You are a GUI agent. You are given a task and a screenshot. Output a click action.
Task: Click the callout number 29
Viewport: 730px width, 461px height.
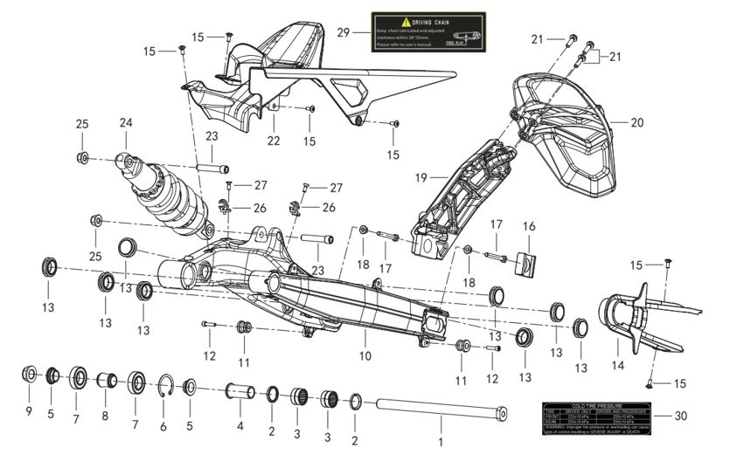point(344,31)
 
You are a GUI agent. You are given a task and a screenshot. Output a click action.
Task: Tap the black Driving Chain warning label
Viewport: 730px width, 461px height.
point(428,31)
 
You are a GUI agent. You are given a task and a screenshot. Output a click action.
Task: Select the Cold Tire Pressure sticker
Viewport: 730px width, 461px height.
point(597,417)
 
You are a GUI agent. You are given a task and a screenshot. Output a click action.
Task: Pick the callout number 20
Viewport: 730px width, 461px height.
point(636,123)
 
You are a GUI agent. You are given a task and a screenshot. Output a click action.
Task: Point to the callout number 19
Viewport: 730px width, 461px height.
point(421,177)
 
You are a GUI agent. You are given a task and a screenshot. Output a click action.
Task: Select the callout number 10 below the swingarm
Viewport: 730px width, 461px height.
point(365,355)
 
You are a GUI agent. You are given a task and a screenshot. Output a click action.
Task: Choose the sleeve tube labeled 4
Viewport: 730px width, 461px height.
point(240,389)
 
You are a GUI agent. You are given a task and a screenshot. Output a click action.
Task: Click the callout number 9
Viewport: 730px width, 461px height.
point(28,410)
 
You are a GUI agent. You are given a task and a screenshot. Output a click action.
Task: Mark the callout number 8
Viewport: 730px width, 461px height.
point(105,416)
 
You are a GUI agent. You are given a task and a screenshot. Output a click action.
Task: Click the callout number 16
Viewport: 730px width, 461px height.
point(529,226)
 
